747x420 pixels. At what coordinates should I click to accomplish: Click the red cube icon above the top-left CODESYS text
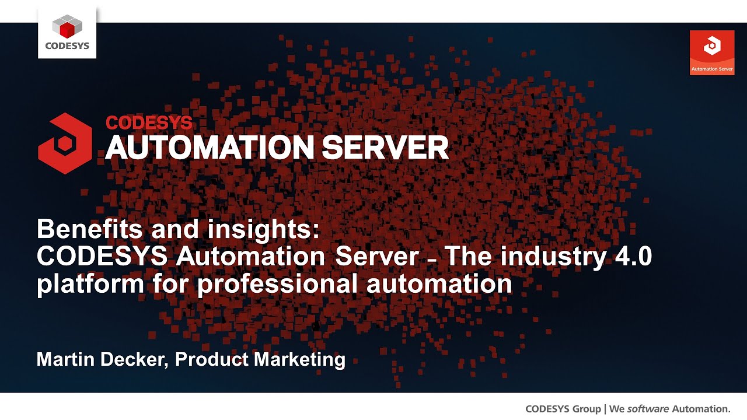(67, 25)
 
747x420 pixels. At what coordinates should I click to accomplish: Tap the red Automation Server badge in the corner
(712, 52)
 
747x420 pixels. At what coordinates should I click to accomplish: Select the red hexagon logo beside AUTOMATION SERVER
(65, 143)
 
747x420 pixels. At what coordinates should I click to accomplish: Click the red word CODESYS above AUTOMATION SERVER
(149, 123)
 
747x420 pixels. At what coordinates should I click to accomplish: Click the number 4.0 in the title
(632, 257)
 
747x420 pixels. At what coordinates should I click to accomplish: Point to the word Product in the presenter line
(211, 359)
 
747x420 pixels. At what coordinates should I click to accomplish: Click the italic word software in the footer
(648, 408)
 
